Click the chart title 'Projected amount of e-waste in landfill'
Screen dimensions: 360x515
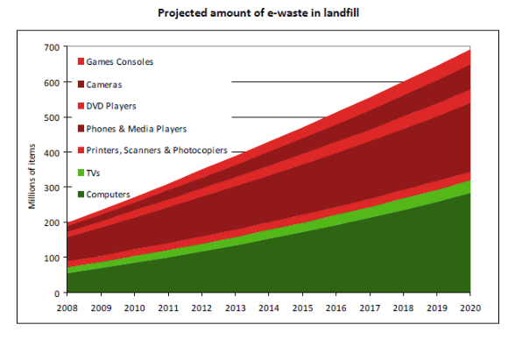(257, 14)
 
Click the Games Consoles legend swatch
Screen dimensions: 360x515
(81, 61)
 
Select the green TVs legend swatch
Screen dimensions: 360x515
(81, 173)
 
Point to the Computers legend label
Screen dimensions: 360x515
(109, 194)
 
